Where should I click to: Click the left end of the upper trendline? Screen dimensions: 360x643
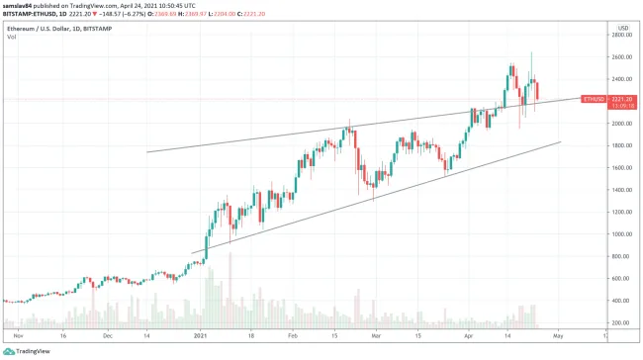(146, 151)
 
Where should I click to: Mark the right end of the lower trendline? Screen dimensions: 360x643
(561, 141)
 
